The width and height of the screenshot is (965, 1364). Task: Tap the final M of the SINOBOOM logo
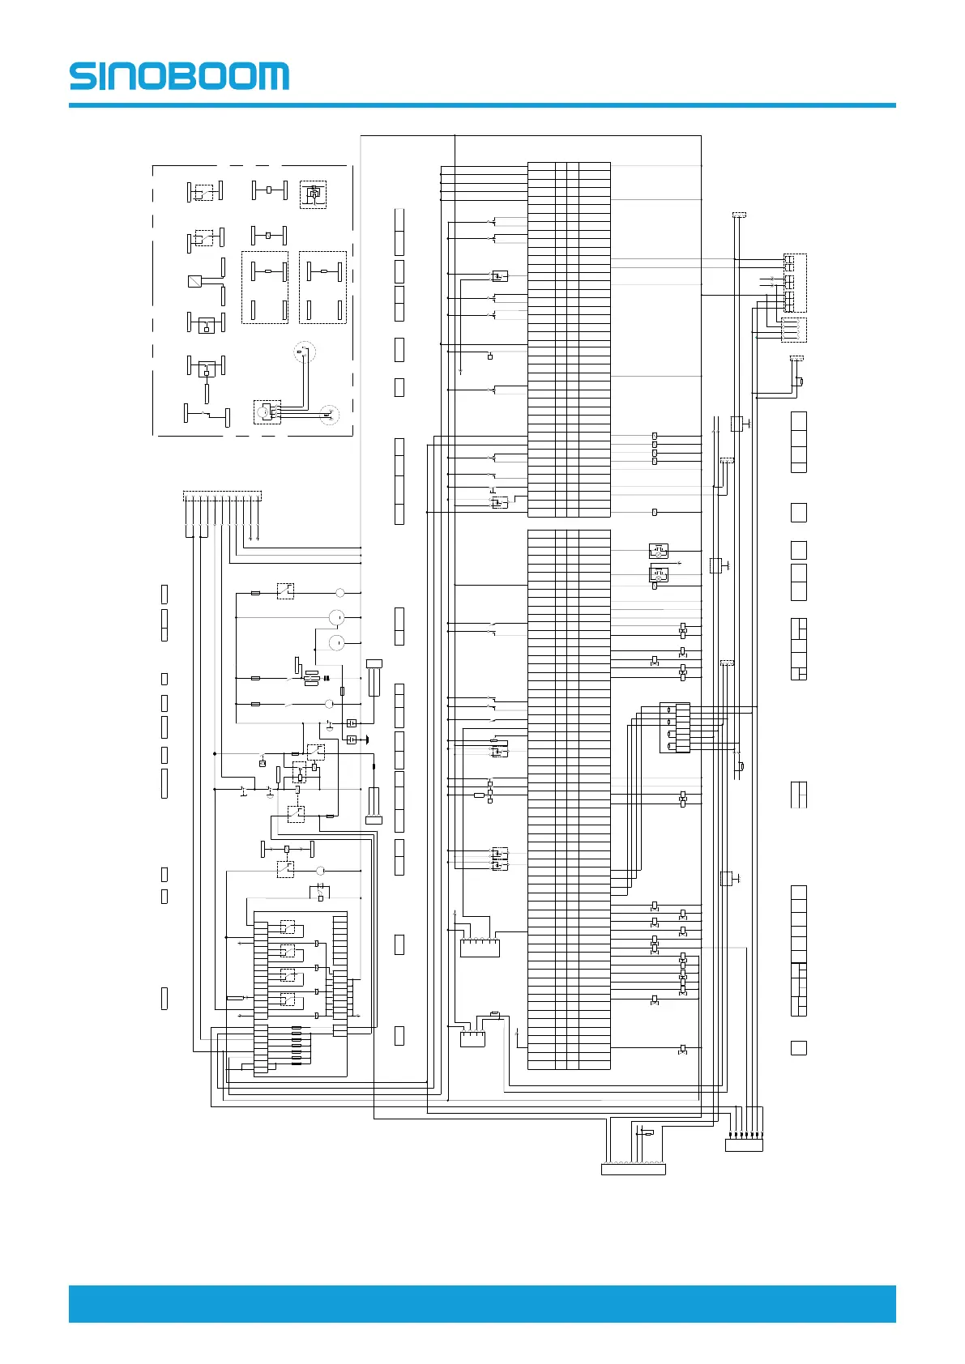(271, 76)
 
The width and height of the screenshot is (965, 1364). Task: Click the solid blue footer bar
(482, 1303)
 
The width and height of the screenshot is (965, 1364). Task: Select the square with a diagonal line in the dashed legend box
(195, 282)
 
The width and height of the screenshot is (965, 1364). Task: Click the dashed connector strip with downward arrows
(223, 496)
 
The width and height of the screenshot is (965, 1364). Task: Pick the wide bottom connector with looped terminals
(634, 1169)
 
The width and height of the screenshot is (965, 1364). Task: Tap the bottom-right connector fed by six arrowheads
(744, 1144)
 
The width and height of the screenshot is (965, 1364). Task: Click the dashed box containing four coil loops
(793, 330)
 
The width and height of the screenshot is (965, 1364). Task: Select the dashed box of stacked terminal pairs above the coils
(795, 283)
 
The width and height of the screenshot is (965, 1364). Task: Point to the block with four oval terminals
(675, 727)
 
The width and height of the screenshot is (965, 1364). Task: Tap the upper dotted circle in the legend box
(304, 351)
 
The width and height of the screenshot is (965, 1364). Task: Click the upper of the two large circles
(337, 618)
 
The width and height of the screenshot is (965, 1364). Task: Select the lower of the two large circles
(337, 643)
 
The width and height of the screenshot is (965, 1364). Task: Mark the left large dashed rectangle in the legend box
(265, 288)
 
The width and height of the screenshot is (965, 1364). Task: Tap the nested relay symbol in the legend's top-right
(313, 194)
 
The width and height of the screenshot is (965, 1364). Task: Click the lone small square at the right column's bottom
(798, 1048)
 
